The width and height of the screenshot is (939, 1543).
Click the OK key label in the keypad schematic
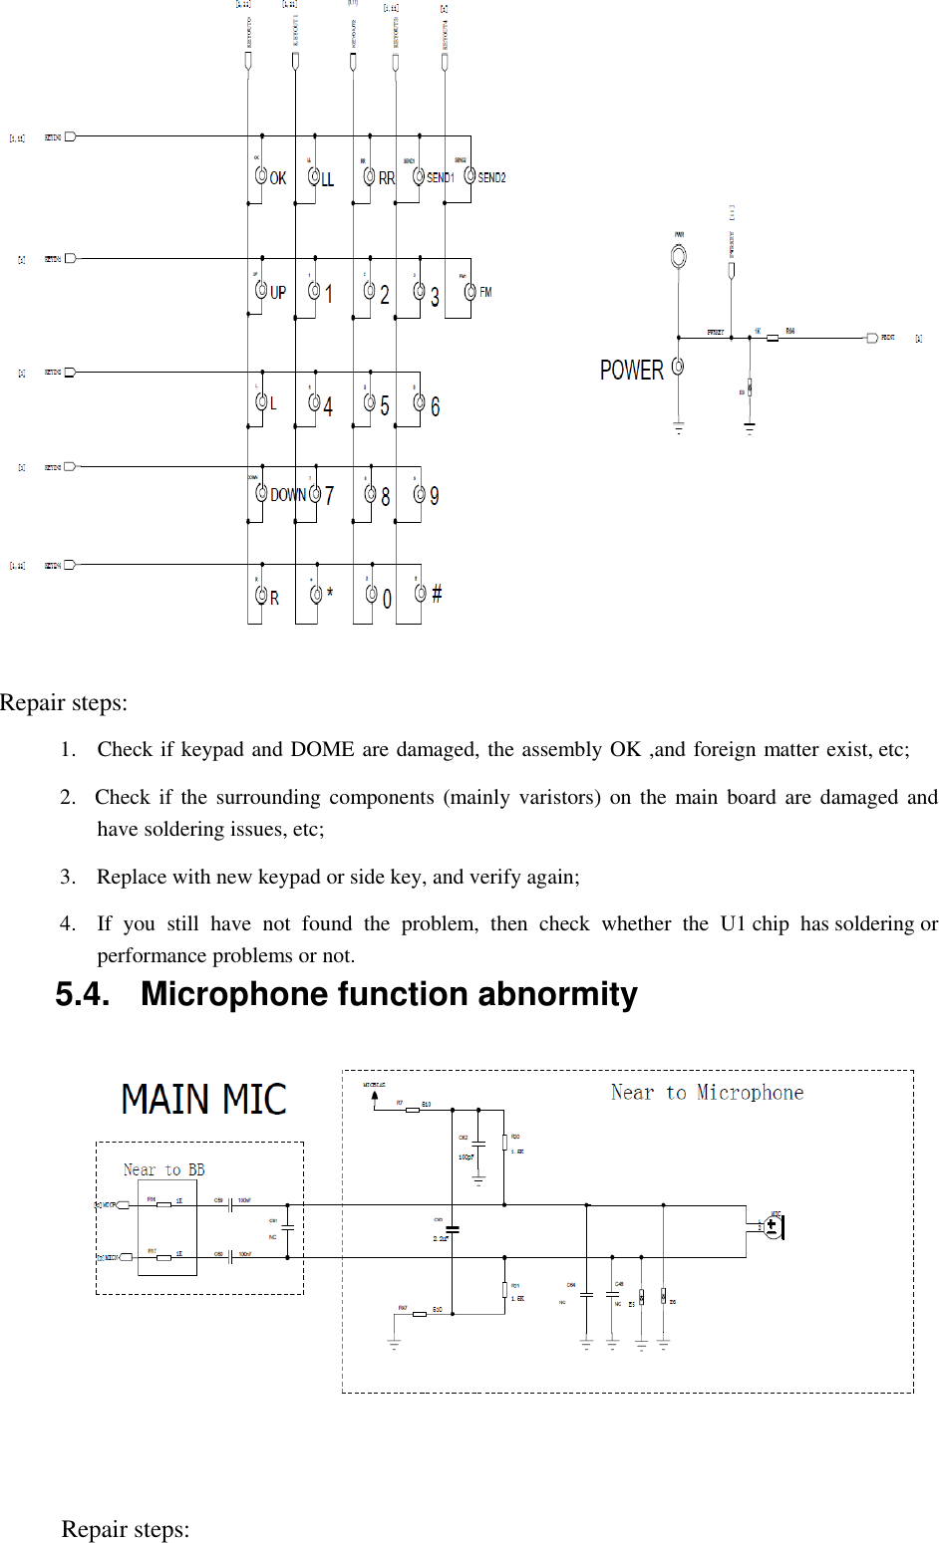point(278,178)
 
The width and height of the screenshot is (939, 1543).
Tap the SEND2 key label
point(491,178)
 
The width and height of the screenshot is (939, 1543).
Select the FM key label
point(485,292)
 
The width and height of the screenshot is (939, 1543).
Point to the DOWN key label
point(287,495)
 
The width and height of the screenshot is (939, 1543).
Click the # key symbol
point(436,595)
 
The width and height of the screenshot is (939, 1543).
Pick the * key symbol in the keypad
point(330,594)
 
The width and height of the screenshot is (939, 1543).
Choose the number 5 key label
point(385,405)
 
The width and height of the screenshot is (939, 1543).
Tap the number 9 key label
point(435,495)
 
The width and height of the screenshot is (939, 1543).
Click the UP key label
point(278,293)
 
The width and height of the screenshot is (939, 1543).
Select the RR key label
point(387,178)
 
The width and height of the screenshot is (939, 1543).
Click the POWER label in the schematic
point(631,371)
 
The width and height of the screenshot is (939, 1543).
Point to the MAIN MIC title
point(203,1100)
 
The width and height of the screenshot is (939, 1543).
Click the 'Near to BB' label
point(163,1169)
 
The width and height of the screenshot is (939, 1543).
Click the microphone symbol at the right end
point(773,1225)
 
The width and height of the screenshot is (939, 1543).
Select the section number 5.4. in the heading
point(83,994)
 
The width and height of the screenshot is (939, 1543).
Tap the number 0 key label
point(387,598)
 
